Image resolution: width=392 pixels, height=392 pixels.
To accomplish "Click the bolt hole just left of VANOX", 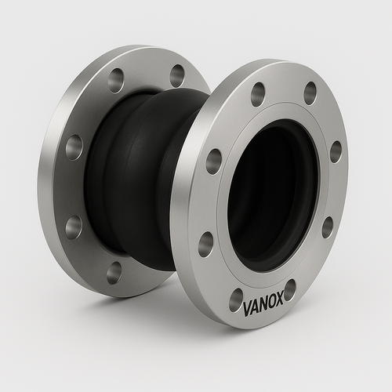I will click(x=236, y=299).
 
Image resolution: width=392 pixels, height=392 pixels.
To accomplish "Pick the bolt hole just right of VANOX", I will click(x=290, y=289).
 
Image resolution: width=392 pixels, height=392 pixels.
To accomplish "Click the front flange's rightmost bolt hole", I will click(x=336, y=151).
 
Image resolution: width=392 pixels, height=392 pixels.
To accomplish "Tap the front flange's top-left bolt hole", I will click(x=258, y=94).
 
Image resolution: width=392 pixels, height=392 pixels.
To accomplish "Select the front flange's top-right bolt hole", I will click(x=310, y=93).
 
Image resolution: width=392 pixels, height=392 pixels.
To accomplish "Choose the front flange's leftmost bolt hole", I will click(x=213, y=161).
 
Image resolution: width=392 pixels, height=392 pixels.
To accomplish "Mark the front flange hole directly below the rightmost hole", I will click(x=327, y=227).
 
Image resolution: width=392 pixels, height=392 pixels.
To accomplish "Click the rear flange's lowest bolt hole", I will click(x=114, y=272).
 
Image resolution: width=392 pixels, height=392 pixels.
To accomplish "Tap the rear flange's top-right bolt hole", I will click(x=177, y=75).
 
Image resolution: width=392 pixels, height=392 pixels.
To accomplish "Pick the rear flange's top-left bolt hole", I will click(x=117, y=80).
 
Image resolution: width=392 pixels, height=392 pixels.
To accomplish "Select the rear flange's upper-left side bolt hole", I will click(x=74, y=147).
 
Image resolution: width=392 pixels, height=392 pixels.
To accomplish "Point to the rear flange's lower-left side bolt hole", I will click(x=73, y=227).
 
